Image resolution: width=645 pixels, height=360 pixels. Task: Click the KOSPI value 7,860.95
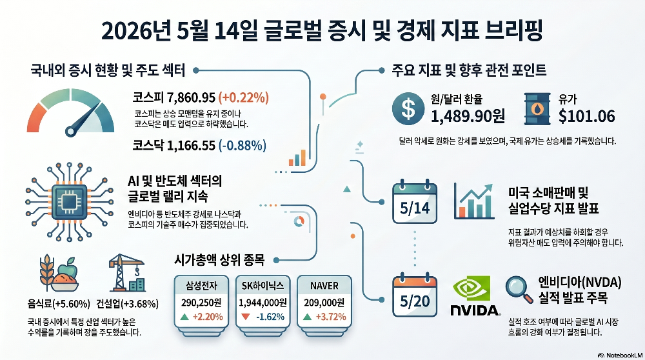point(191,97)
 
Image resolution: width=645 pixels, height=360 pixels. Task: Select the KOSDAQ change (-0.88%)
point(243,145)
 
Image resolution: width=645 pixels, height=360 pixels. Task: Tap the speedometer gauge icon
point(70,112)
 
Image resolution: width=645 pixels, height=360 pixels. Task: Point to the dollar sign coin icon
point(408,108)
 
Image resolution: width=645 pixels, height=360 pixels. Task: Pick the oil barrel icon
point(537,108)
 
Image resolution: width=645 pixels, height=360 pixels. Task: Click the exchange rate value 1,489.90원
point(468,116)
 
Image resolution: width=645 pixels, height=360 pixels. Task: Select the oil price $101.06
point(586,116)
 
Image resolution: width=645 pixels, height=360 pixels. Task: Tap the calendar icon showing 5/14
point(415,202)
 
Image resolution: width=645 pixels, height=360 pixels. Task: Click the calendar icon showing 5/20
point(415,295)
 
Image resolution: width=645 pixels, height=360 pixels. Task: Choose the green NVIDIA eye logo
point(471,288)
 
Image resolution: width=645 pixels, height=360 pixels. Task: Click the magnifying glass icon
point(519,290)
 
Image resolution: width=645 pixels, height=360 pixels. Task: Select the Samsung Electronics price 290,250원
point(201,303)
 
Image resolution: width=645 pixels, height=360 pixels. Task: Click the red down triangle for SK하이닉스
point(246,317)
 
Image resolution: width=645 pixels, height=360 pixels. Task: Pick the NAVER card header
point(324,286)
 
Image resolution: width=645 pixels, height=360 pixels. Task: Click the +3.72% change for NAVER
point(331,317)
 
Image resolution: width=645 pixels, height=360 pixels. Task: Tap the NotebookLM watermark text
point(624,355)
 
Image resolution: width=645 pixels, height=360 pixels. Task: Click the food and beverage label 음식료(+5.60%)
point(59,304)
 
